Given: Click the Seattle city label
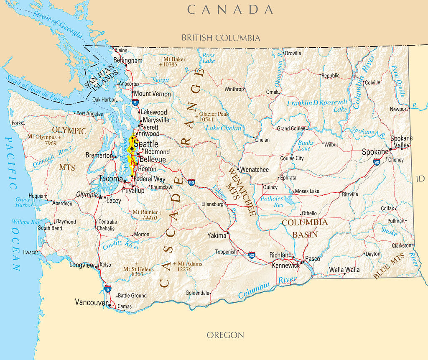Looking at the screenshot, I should click(x=146, y=144).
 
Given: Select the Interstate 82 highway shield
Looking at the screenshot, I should click(x=252, y=255).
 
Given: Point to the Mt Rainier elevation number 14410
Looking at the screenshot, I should click(x=149, y=218).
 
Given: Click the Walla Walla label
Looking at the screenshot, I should click(x=344, y=270).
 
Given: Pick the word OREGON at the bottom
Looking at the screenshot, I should click(x=225, y=335).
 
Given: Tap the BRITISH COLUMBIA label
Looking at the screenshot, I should click(x=221, y=38).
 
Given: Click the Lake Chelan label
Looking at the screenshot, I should click(x=224, y=128).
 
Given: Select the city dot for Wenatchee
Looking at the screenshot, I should click(x=238, y=169).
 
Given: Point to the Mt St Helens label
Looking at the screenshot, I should click(x=138, y=269).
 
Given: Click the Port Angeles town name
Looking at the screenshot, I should click(x=89, y=113).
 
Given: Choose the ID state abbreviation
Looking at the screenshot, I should click(x=420, y=179).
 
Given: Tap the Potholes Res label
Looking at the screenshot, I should click(x=272, y=202).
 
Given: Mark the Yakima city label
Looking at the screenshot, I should click(x=217, y=236).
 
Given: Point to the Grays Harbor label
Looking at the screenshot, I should click(x=24, y=202).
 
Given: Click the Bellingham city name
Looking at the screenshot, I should click(x=128, y=61).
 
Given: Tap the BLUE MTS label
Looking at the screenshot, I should click(x=389, y=266).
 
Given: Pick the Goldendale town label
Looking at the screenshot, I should click(x=198, y=293).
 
